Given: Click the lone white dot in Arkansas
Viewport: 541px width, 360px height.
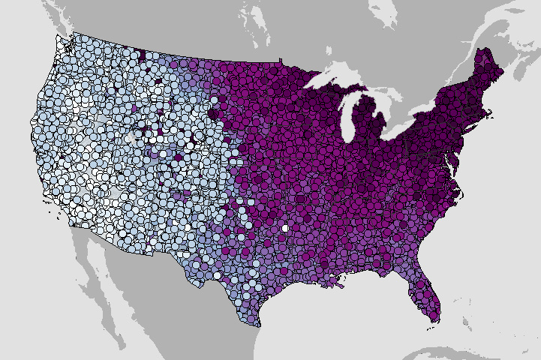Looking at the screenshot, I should (284, 227).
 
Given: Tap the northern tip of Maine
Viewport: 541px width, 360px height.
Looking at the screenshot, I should (481, 49).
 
